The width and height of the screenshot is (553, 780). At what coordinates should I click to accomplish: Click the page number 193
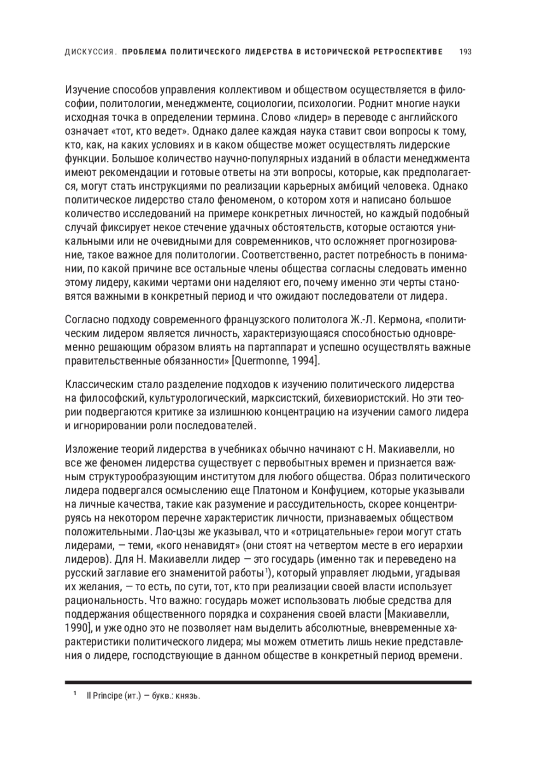click(x=465, y=52)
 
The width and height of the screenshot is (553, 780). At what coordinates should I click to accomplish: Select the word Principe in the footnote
click(x=107, y=696)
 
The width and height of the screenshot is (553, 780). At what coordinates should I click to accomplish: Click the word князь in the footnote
click(x=188, y=696)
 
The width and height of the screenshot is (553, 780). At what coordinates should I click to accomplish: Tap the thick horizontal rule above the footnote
click(x=268, y=682)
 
